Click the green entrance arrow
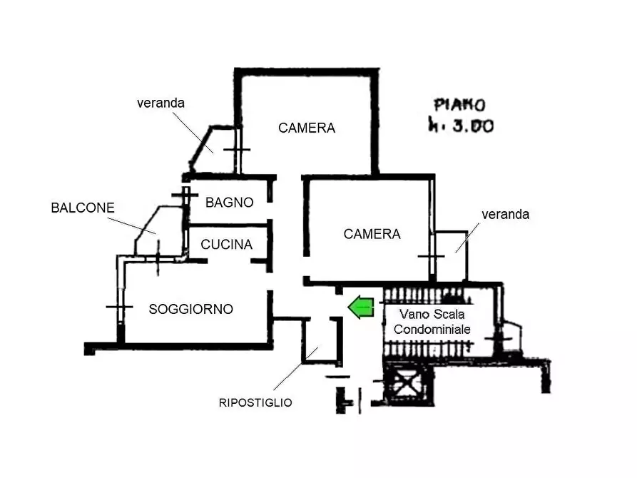pyautogui.click(x=361, y=307)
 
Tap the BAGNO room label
pyautogui.click(x=230, y=203)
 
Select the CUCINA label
pyautogui.click(x=227, y=244)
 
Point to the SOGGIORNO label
pyautogui.click(x=191, y=309)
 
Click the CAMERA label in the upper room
pyautogui.click(x=307, y=128)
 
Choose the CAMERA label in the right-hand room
pyautogui.click(x=372, y=234)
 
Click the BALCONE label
pyautogui.click(x=83, y=208)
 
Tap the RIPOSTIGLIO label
pyautogui.click(x=255, y=403)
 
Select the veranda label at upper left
pyautogui.click(x=161, y=103)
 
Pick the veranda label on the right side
pyautogui.click(x=505, y=215)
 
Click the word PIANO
pyautogui.click(x=460, y=106)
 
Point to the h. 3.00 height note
pyautogui.click(x=462, y=125)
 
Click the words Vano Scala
pyautogui.click(x=432, y=314)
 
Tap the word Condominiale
pyautogui.click(x=432, y=329)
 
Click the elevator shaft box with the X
pyautogui.click(x=407, y=383)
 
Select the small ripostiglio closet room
pyautogui.click(x=320, y=340)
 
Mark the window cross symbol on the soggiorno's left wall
pyautogui.click(x=119, y=307)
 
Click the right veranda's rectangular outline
pyautogui.click(x=467, y=256)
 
